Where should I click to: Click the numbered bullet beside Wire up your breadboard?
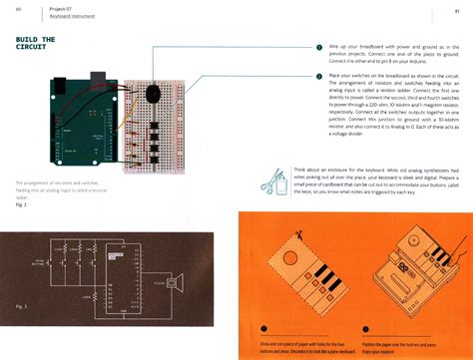[318, 47]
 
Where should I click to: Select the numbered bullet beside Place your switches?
[318, 76]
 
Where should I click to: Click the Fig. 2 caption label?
[23, 202]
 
